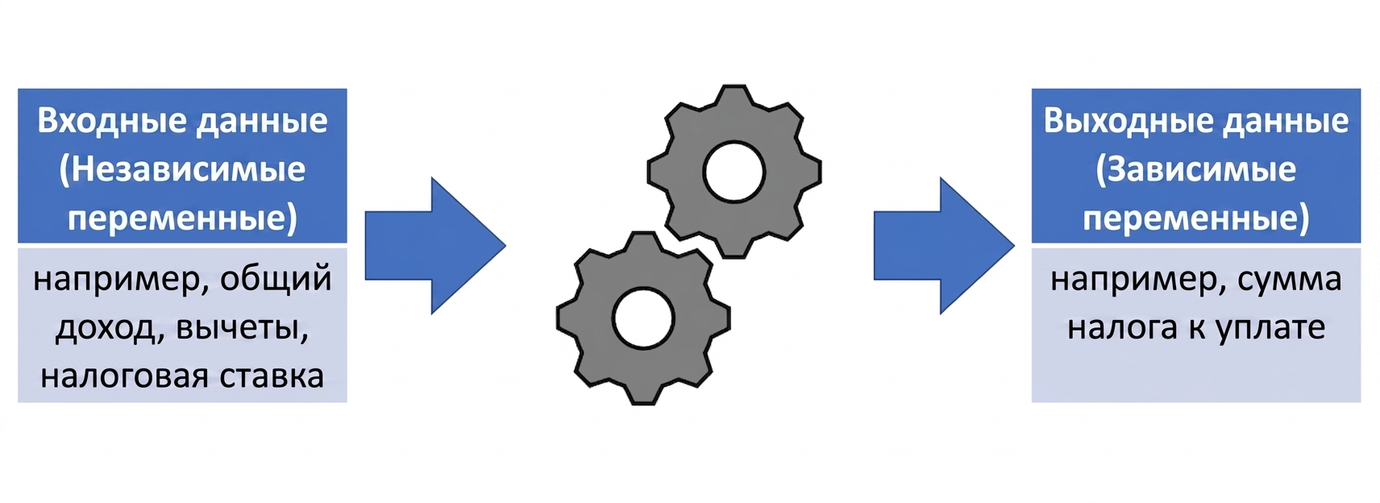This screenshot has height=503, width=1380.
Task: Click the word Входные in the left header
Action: pyautogui.click(x=111, y=121)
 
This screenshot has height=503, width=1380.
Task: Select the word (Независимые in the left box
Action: pyautogui.click(x=182, y=169)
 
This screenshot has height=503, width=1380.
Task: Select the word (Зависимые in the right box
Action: pyautogui.click(x=1195, y=169)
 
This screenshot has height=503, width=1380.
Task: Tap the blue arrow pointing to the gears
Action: pyautogui.click(x=435, y=246)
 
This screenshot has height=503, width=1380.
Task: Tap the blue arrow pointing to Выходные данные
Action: pyautogui.click(x=945, y=246)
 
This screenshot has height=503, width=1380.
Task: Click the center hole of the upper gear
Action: pyautogui.click(x=734, y=172)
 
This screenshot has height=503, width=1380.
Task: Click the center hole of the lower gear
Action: pyautogui.click(x=644, y=318)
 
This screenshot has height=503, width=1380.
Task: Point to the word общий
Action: pyautogui.click(x=276, y=279)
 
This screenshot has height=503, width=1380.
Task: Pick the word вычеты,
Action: pyautogui.click(x=242, y=329)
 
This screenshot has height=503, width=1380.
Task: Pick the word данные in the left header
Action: pyautogui.click(x=262, y=122)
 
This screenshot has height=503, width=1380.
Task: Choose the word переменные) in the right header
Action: pyautogui.click(x=1195, y=218)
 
